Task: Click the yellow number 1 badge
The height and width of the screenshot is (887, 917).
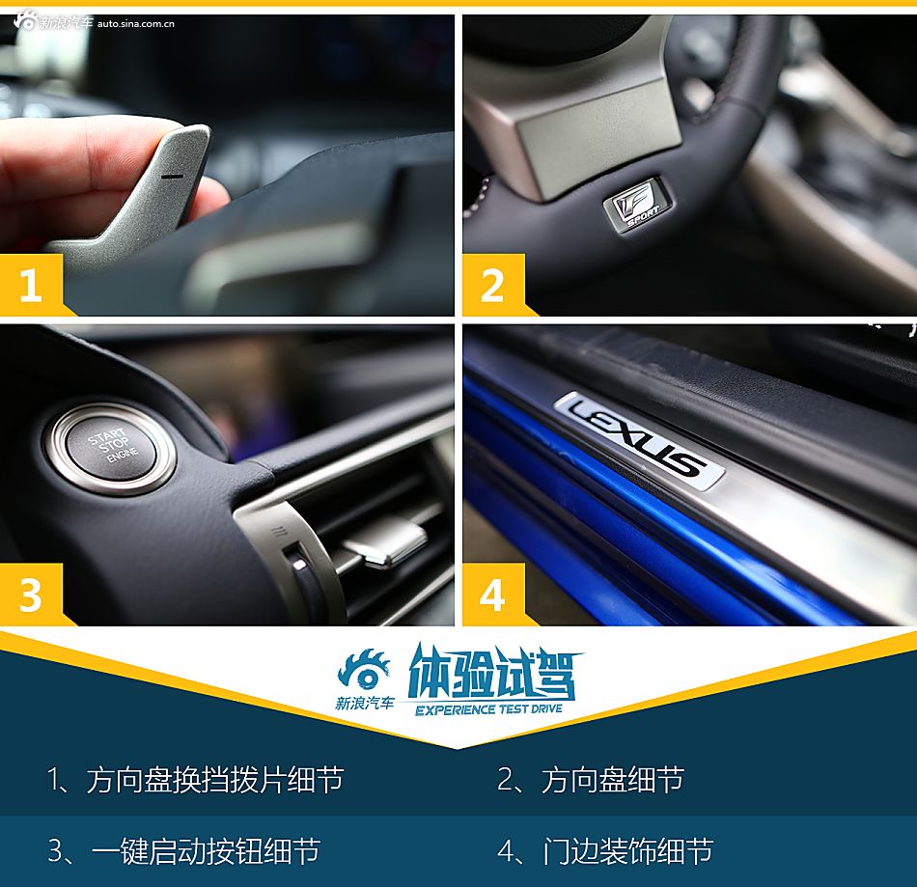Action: coord(31,286)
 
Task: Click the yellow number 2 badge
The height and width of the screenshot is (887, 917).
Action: coord(492,286)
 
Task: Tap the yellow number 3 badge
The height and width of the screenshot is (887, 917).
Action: coord(31,596)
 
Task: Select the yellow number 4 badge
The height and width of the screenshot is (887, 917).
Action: coord(492,596)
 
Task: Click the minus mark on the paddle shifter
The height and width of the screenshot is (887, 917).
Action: coord(172,177)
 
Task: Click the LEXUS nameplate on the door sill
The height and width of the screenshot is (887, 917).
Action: coord(640,439)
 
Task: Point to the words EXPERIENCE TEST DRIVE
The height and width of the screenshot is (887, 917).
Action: coord(488,709)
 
